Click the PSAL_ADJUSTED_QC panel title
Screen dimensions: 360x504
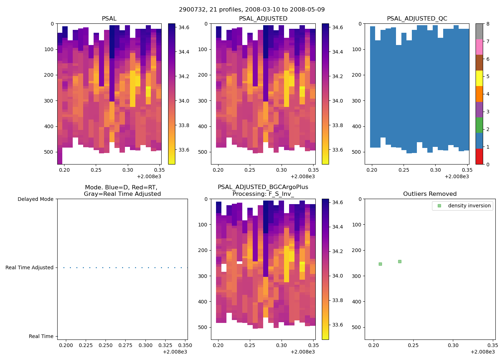point(417,18)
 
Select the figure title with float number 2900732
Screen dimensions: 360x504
point(252,9)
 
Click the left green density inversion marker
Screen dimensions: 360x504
point(380,264)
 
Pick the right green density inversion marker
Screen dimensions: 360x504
point(400,261)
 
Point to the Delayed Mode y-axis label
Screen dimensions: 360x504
point(35,199)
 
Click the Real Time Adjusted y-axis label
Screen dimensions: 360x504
point(30,267)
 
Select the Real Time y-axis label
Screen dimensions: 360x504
point(41,336)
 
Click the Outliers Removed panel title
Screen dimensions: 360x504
point(430,194)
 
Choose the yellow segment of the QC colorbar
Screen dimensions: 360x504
point(479,78)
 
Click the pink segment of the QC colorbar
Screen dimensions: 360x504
point(479,47)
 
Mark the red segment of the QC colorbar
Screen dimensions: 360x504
point(479,156)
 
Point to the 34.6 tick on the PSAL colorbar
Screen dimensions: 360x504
point(184,27)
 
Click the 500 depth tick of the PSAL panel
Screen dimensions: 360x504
point(50,152)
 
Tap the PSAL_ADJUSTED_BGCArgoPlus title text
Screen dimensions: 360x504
point(263,187)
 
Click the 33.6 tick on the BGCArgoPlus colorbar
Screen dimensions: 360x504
point(338,325)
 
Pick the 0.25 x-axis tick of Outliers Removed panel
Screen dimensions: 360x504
point(413,345)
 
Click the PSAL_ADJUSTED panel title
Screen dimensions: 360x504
point(263,18)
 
